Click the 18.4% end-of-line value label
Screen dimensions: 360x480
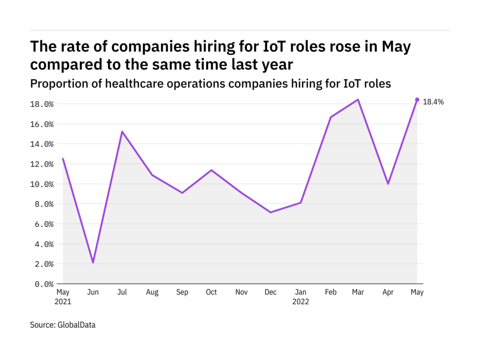click(x=433, y=102)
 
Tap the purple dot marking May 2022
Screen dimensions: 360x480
click(x=417, y=99)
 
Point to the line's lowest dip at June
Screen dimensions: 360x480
click(x=93, y=262)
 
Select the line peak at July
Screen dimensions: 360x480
click(x=122, y=132)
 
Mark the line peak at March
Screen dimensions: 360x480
click(x=358, y=99)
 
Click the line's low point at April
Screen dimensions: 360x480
click(x=388, y=184)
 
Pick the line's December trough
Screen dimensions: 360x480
click(x=270, y=212)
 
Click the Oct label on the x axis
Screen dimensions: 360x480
click(x=211, y=292)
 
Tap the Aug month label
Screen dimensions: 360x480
click(x=152, y=292)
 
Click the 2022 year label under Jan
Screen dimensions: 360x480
click(x=300, y=302)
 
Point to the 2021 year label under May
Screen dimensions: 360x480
click(x=63, y=302)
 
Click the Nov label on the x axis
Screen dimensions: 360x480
click(x=241, y=292)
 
